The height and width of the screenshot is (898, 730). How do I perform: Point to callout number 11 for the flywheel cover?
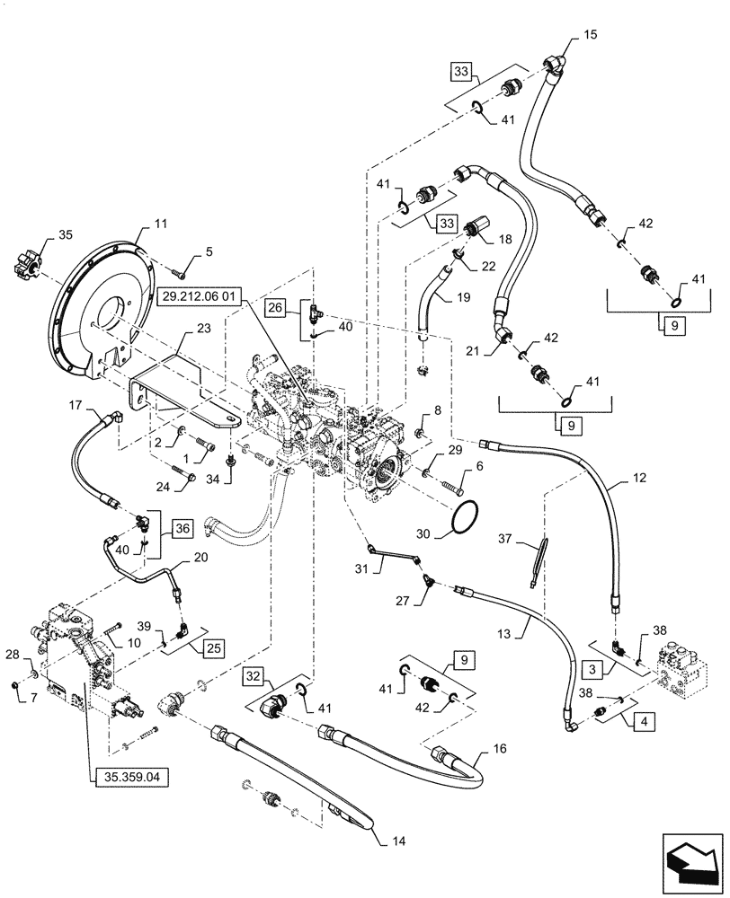click(161, 221)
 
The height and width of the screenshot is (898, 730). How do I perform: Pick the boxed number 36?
click(182, 530)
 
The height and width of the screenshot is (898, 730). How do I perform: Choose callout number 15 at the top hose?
click(590, 35)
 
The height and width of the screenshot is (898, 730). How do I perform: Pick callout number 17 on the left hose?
click(76, 406)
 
